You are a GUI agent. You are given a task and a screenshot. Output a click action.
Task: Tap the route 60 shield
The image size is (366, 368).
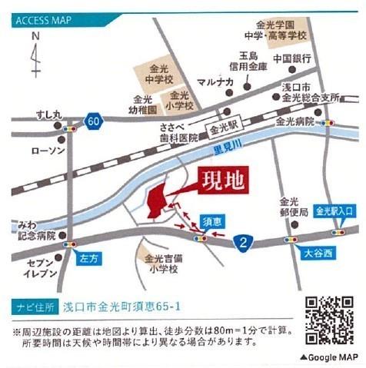94,121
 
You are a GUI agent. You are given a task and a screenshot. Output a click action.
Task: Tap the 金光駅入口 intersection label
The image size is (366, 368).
334,210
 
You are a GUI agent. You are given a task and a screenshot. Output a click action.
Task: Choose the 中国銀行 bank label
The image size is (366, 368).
291,58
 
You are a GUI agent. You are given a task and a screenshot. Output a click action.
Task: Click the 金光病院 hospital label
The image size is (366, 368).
295,121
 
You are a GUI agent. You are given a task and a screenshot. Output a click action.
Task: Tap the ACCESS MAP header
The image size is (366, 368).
44,20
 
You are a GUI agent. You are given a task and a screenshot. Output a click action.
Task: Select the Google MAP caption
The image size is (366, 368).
329,357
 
